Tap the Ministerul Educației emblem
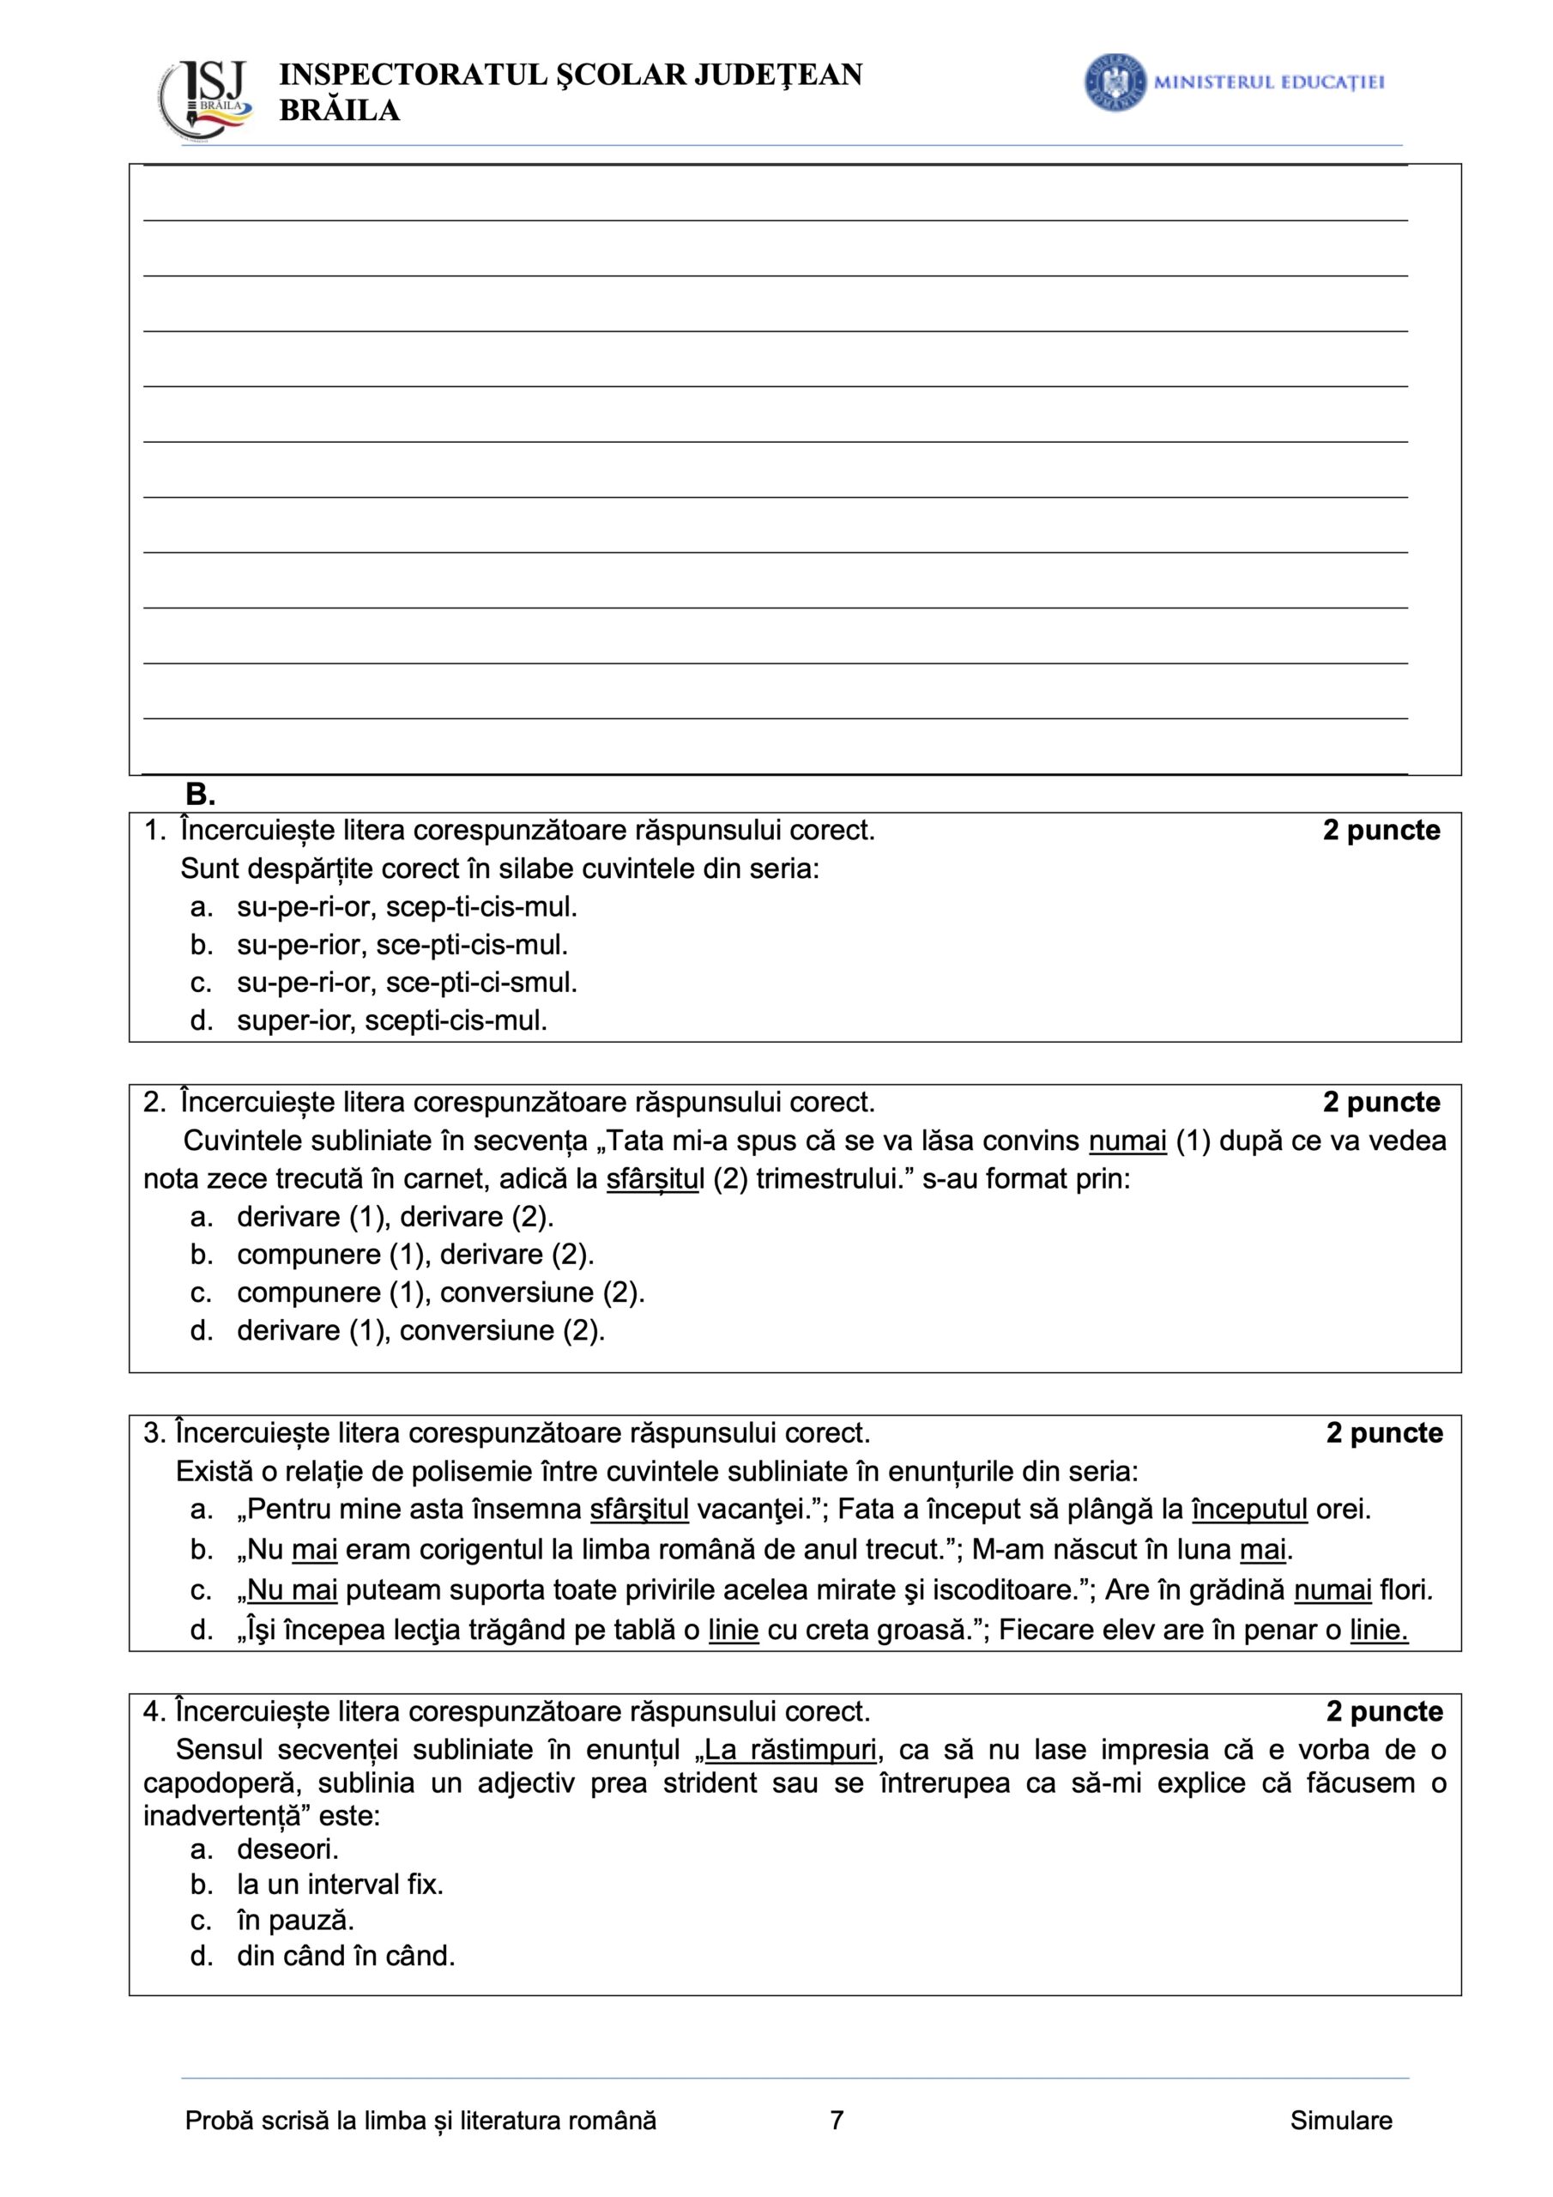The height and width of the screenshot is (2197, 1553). point(1115,82)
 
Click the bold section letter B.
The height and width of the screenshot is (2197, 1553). point(200,794)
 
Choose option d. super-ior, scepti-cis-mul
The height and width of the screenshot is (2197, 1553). point(391,1020)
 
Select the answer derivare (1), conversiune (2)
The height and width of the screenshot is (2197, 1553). point(420,1330)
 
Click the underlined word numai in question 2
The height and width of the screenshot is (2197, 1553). point(1127,1141)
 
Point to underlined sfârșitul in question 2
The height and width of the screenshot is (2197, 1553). point(655,1179)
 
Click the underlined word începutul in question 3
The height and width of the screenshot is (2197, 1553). point(1248,1509)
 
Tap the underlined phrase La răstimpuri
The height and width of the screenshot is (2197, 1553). point(789,1750)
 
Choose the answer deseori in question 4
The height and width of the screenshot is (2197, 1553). point(287,1848)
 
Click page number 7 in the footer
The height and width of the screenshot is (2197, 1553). point(837,2121)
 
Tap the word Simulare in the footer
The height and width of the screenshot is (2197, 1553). point(1339,2121)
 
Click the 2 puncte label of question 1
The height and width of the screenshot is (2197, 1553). point(1381,831)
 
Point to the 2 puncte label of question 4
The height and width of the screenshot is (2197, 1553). point(1384,1711)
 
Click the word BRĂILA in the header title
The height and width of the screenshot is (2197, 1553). point(339,112)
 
